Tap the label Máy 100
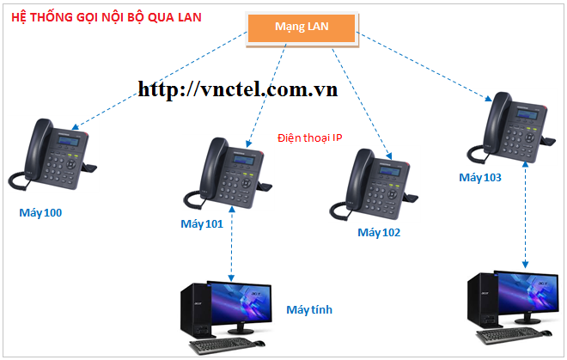[40, 211]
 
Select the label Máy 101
[202, 224]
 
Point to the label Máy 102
[379, 232]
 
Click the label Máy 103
[479, 178]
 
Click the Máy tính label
[310, 309]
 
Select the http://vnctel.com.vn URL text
[237, 88]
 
